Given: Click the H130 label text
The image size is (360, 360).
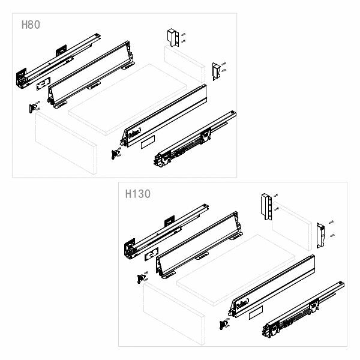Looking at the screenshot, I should point(138,194).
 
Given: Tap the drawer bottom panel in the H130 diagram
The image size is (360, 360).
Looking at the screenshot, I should point(240,270).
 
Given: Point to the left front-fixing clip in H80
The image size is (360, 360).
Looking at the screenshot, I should point(32,108).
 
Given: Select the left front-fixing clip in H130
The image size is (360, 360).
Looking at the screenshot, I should point(141,278).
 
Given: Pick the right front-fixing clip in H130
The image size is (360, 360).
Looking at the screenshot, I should point(224,325).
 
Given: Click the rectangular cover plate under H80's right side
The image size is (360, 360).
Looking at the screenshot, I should point(148,145).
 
